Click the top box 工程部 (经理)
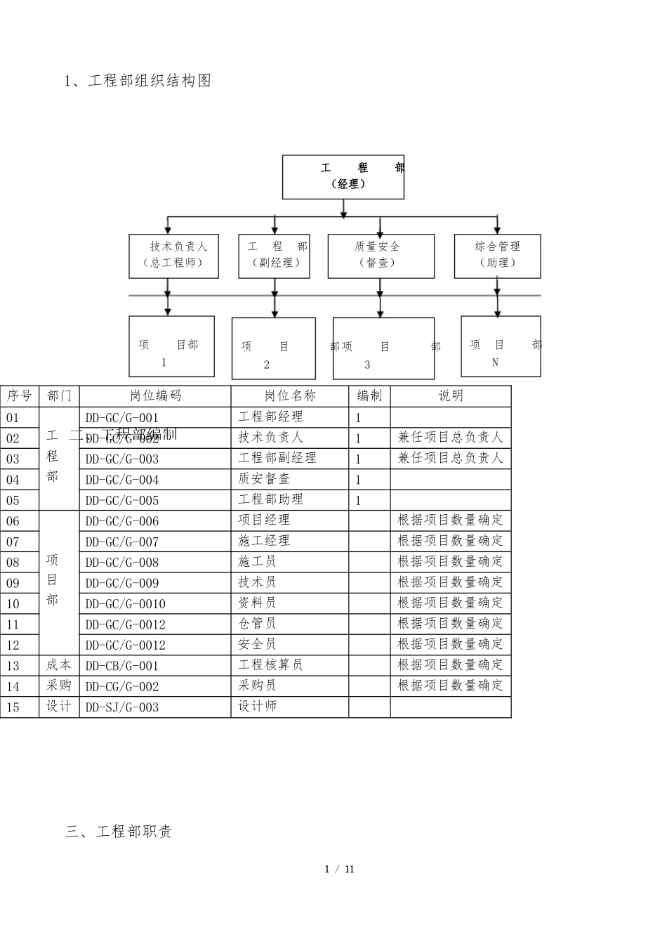click(343, 177)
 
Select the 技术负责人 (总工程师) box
click(173, 256)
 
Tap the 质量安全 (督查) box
click(381, 256)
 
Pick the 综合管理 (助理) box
click(497, 256)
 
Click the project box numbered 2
click(273, 348)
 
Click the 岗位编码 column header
click(155, 396)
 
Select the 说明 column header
click(451, 396)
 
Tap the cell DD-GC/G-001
click(122, 417)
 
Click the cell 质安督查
click(264, 479)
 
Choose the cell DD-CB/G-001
click(122, 666)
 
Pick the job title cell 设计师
click(258, 707)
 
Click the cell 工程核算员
click(270, 665)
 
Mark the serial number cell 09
click(13, 583)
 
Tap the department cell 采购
click(59, 686)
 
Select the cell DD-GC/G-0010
click(126, 604)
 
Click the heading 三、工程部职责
click(119, 832)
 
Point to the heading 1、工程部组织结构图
click(138, 81)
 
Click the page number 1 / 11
click(340, 870)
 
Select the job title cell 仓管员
click(257, 624)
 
